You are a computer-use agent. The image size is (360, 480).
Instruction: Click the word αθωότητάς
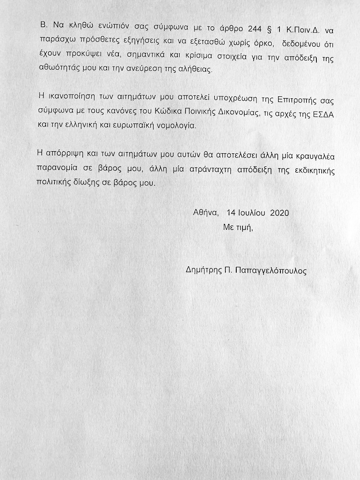pyautogui.click(x=59, y=70)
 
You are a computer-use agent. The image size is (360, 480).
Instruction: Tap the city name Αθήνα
pyautogui.click(x=205, y=212)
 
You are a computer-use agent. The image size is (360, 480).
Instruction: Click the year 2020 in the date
pyautogui.click(x=279, y=212)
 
